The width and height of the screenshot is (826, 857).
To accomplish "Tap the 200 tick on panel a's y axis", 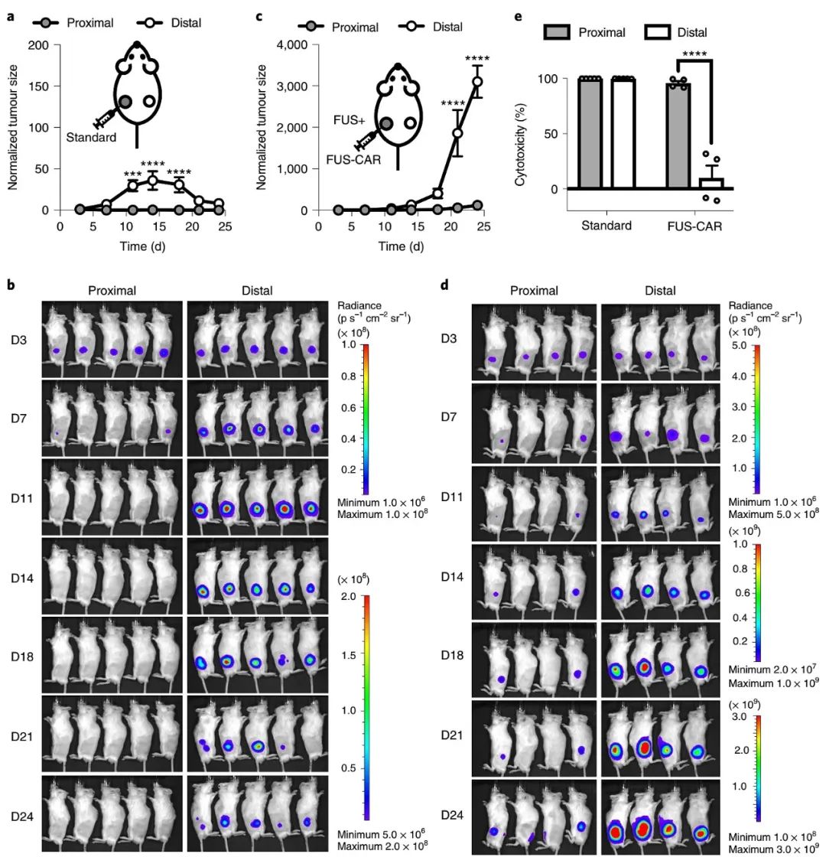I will click(44, 45).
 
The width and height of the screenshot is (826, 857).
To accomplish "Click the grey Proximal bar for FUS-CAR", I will click(678, 135).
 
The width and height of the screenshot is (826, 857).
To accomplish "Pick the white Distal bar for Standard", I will click(623, 133).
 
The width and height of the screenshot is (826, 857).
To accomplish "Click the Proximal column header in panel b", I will click(113, 290).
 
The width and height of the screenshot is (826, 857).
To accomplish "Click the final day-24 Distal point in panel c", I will click(476, 81).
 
